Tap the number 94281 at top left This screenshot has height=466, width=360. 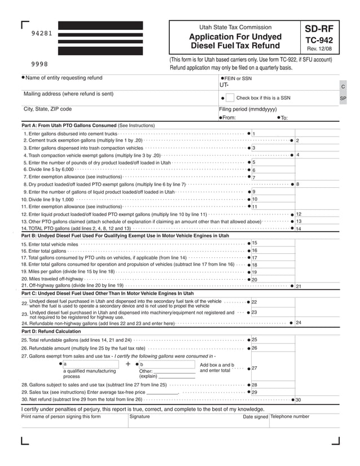click(41, 33)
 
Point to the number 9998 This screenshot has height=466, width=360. click(39, 64)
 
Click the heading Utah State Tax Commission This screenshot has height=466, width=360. click(235, 27)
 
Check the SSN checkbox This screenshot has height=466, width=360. click(230, 98)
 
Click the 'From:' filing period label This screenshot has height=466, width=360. click(229, 118)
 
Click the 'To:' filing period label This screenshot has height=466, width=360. click(284, 118)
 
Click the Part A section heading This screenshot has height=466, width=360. click(87, 125)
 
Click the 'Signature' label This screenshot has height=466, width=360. click(139, 416)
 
